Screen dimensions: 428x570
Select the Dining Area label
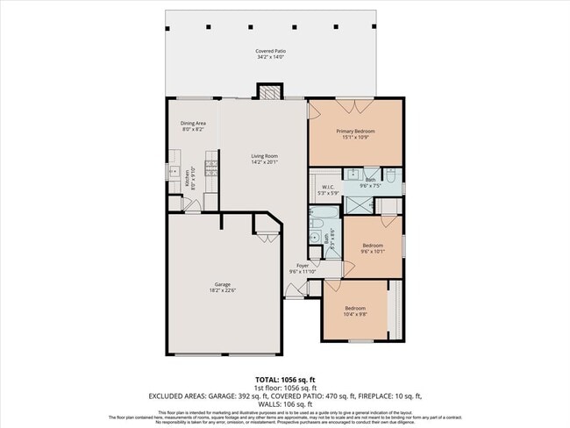(192, 126)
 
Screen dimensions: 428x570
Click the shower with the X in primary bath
(357, 204)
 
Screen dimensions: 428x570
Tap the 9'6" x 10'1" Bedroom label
(372, 248)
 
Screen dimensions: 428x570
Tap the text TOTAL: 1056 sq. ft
(284, 380)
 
